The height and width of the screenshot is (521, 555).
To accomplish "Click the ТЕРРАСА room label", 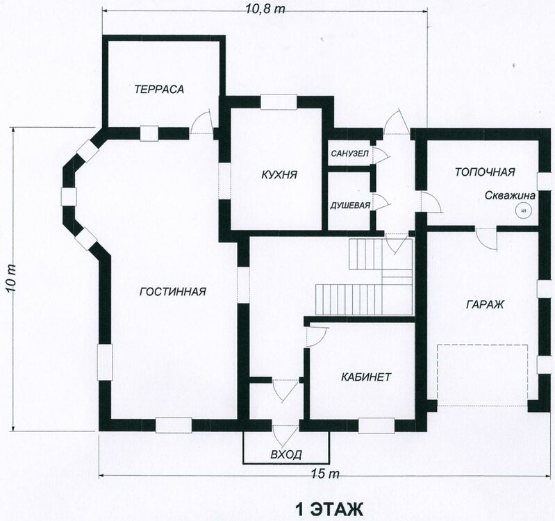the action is click(x=159, y=89).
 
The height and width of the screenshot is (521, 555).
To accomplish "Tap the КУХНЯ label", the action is click(x=279, y=174).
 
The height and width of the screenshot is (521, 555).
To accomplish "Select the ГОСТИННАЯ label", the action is click(x=173, y=292).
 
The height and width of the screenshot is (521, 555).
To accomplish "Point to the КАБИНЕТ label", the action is click(x=366, y=377).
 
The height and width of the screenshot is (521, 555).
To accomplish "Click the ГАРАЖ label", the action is click(x=485, y=304).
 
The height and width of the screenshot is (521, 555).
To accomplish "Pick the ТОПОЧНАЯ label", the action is click(x=485, y=172).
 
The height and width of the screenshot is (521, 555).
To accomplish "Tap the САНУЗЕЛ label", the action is click(x=349, y=154).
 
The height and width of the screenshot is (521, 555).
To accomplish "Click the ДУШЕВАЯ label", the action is click(x=350, y=206).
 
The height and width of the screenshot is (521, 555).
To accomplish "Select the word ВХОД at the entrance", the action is click(x=286, y=454).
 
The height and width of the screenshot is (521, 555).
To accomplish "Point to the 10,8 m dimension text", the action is click(x=265, y=9).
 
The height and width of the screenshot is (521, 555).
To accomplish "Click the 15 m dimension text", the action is click(x=325, y=473).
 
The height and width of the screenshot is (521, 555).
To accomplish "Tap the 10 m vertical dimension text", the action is click(x=10, y=278).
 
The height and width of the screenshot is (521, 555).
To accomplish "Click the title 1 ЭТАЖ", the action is click(x=329, y=510).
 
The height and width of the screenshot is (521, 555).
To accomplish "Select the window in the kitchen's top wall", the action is click(x=279, y=101).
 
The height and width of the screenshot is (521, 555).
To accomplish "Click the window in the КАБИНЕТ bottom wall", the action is click(x=376, y=425).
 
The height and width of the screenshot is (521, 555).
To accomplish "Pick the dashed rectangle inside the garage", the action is click(x=483, y=375).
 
